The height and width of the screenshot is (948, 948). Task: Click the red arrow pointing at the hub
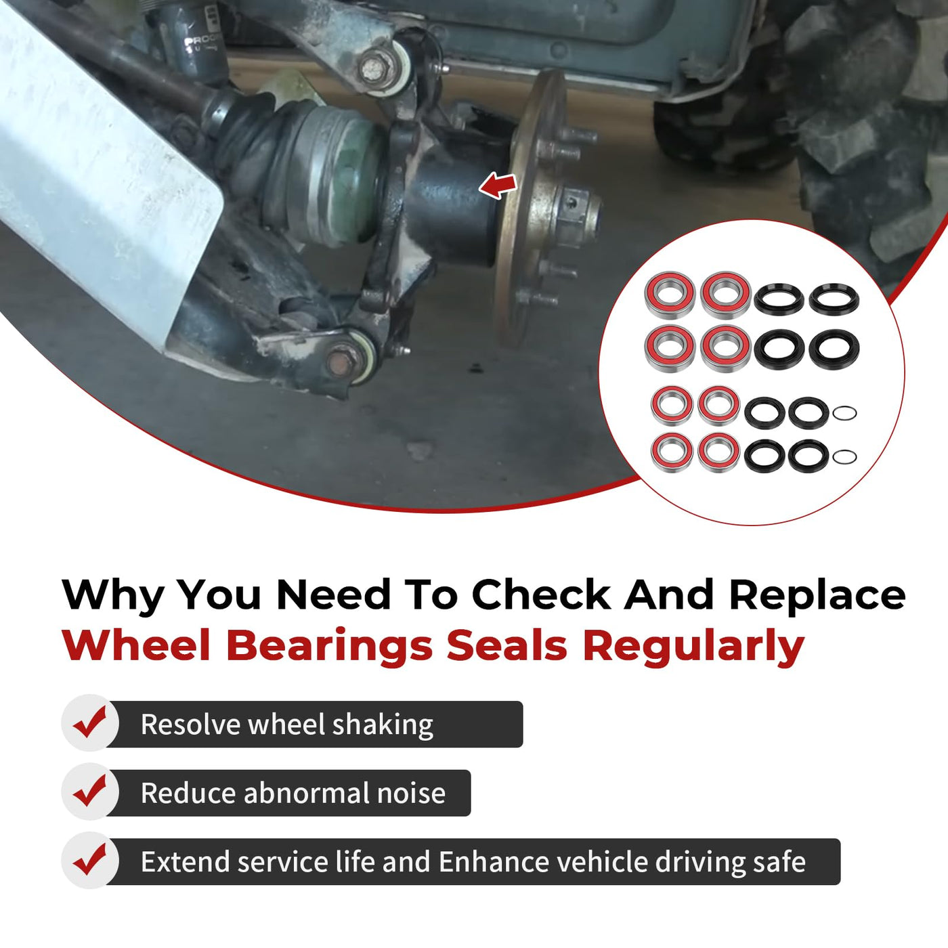click(498, 186)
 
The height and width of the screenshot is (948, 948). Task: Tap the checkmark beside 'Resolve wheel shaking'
click(89, 722)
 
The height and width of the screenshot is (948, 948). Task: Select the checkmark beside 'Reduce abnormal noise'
click(89, 791)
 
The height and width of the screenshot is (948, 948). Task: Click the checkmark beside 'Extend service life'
click(89, 859)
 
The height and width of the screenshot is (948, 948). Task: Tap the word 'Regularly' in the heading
click(693, 646)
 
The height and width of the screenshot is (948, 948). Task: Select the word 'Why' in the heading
click(113, 596)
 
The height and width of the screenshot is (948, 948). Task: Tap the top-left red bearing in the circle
click(669, 295)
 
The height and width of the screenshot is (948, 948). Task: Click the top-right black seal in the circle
click(834, 299)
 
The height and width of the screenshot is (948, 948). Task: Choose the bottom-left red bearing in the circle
click(672, 452)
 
